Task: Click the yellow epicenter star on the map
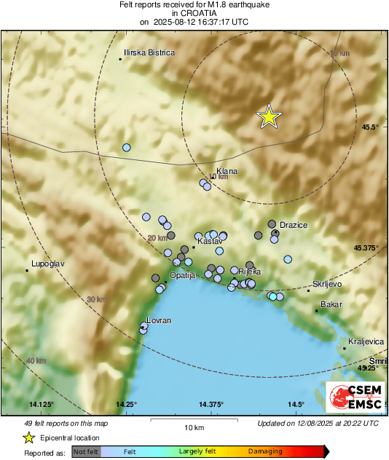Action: (269, 116)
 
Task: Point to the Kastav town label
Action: (210, 239)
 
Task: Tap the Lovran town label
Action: (159, 320)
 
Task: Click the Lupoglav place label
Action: (49, 264)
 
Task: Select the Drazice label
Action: (294, 225)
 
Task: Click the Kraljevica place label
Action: (366, 341)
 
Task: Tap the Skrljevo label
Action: (327, 284)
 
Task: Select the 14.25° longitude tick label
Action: (127, 404)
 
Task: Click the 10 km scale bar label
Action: (193, 427)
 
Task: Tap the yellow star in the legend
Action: (29, 437)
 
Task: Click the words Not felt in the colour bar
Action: (85, 451)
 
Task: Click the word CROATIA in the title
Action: (193, 13)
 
